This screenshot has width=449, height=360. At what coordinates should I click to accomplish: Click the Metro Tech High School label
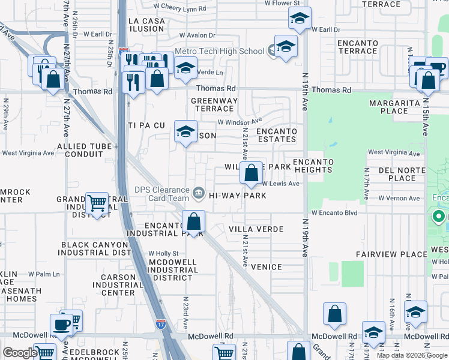219,52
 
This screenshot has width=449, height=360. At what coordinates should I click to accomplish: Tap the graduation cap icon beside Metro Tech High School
286,46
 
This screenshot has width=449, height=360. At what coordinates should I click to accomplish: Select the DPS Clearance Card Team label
161,194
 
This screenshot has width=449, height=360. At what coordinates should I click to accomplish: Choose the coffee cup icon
61,324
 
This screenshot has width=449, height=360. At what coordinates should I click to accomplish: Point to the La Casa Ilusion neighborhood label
146,25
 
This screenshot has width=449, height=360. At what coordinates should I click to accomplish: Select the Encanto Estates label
277,135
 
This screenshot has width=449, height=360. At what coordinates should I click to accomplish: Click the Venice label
267,267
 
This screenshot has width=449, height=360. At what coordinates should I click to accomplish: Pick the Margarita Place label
389,107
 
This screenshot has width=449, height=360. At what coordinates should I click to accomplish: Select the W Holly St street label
163,254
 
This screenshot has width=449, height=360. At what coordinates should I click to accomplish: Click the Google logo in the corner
19,353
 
